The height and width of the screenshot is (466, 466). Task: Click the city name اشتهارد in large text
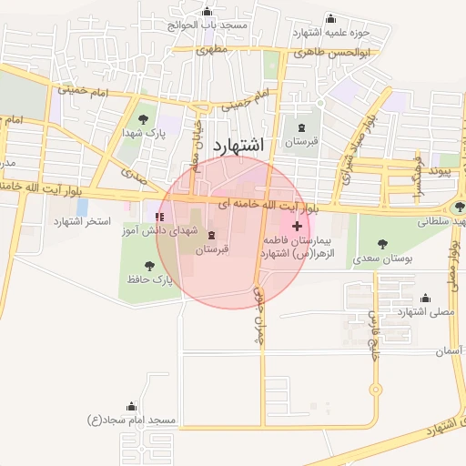click(238, 146)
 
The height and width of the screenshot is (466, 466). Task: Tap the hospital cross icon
click(298, 225)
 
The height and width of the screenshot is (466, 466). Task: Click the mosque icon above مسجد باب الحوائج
click(208, 12)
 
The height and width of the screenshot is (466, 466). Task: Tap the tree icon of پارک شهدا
click(144, 118)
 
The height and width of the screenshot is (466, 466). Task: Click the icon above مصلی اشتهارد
click(425, 298)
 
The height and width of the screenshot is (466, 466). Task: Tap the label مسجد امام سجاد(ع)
click(131, 420)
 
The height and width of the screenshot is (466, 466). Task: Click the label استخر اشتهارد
click(82, 221)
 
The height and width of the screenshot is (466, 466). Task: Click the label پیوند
click(441, 171)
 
